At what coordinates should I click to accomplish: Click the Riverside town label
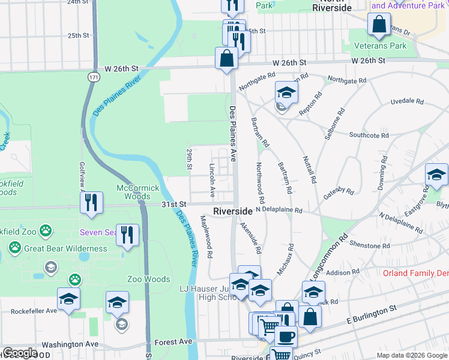click(x=233, y=212)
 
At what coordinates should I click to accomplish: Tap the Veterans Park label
click(x=396, y=46)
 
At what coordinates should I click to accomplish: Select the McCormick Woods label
click(x=138, y=192)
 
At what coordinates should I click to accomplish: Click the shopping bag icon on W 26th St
click(x=227, y=59)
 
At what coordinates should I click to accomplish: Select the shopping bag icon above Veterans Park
click(x=379, y=25)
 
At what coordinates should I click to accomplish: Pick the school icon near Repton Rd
click(x=286, y=92)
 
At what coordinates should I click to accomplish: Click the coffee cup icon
click(x=286, y=335)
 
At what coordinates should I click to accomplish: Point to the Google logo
click(x=20, y=353)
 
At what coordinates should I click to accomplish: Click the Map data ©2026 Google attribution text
click(x=412, y=355)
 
